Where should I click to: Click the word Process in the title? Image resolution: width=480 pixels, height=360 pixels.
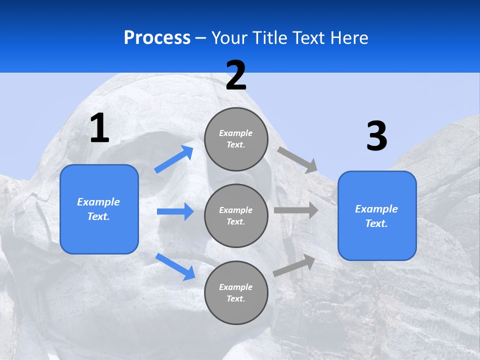[x=157, y=38]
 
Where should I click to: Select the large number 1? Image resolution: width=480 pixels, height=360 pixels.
[x=99, y=128]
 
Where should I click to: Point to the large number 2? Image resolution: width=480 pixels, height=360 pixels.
[x=236, y=75]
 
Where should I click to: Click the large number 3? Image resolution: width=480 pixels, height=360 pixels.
[x=376, y=136]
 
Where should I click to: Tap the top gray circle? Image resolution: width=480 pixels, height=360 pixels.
[x=236, y=139]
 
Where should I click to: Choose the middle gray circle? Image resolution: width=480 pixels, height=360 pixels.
[x=236, y=215]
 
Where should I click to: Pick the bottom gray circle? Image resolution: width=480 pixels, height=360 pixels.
[x=236, y=292]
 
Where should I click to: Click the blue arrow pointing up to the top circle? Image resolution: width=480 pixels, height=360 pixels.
[x=174, y=159]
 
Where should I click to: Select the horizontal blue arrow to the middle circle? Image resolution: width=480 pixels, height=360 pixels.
[x=175, y=211]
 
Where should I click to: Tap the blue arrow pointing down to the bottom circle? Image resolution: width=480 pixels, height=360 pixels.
[x=175, y=266]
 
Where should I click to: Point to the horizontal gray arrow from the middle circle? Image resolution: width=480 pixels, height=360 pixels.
[x=296, y=210]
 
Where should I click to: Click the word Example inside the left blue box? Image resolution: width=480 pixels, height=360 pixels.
[x=98, y=202]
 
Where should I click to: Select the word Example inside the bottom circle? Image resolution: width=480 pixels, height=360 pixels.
[x=236, y=287]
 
